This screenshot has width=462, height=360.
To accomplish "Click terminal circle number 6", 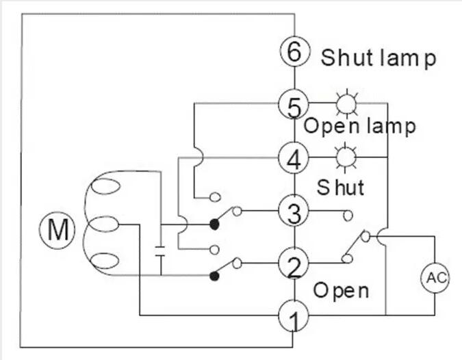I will (294, 52).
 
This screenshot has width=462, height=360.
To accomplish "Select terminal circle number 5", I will (294, 105).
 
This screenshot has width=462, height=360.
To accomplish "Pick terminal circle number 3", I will (294, 213).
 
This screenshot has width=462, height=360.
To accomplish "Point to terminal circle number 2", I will (294, 265).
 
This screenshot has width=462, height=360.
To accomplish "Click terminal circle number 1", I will (294, 316).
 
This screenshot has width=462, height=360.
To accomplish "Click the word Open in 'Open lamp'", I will (325, 126).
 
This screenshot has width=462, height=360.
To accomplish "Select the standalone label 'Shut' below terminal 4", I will (340, 186).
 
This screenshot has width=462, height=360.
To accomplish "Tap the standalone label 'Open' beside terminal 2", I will (340, 290).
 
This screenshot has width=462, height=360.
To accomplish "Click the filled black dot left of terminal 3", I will (214, 224).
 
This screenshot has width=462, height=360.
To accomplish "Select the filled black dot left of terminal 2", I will (214, 276).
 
